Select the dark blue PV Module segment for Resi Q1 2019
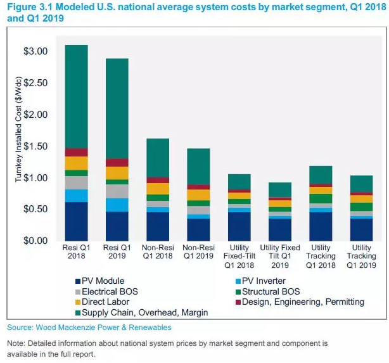click(x=117, y=226)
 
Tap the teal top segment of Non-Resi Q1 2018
click(x=157, y=158)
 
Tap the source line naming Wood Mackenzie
click(x=89, y=328)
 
